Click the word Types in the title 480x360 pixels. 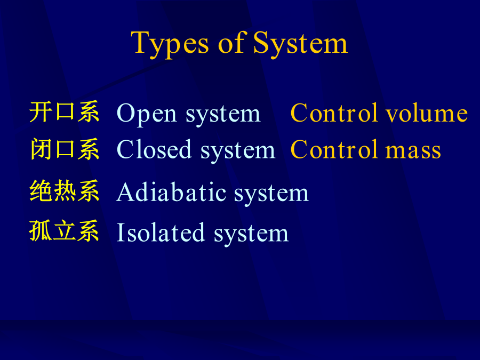[x=170, y=44]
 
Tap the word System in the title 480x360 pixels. [x=300, y=44]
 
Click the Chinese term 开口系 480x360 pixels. [x=65, y=112]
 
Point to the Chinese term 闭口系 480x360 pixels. [x=65, y=149]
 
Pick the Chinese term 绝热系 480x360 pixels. [x=65, y=191]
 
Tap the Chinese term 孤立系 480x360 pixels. [x=64, y=231]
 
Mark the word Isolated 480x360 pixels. [x=161, y=232]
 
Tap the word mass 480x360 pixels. [x=413, y=150]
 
